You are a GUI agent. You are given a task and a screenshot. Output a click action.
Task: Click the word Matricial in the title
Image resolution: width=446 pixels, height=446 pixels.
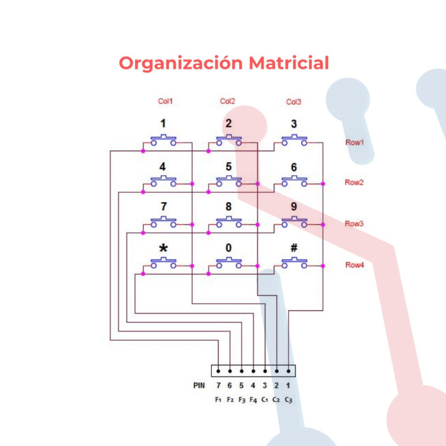click(288, 63)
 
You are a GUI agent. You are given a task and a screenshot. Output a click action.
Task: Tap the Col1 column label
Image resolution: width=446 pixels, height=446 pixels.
click(165, 102)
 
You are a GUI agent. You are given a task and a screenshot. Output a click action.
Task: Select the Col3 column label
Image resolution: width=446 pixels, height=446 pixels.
click(294, 102)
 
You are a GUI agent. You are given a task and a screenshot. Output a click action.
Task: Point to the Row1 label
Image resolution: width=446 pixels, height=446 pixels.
click(354, 142)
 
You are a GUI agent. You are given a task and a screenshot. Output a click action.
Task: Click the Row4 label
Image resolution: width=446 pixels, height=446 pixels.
click(354, 265)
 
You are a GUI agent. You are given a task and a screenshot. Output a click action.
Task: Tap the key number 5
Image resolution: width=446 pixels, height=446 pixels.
click(229, 166)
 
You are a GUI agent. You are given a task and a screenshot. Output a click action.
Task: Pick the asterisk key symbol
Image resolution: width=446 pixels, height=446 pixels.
click(164, 248)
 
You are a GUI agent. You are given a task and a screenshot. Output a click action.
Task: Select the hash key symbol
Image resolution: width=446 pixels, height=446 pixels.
click(294, 248)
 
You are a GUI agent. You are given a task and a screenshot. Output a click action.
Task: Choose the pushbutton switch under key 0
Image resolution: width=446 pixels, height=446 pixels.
click(229, 263)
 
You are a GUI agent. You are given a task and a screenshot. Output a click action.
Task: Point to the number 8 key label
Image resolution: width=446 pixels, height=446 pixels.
click(229, 207)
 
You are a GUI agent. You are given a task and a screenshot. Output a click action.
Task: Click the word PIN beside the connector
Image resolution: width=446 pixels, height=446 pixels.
click(199, 385)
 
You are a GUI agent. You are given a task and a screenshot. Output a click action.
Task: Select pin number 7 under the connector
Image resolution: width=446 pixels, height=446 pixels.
click(218, 385)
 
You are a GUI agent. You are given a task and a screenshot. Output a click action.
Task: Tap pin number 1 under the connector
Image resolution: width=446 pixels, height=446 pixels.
click(289, 385)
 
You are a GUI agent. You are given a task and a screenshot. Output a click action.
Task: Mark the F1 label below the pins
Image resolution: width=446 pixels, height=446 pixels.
click(218, 400)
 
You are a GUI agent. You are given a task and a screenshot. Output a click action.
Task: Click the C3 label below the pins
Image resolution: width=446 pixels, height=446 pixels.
click(289, 400)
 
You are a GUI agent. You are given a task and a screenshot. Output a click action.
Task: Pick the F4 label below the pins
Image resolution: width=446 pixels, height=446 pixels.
click(253, 400)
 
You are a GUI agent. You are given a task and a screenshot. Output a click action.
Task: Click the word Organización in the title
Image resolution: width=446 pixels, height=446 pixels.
click(180, 63)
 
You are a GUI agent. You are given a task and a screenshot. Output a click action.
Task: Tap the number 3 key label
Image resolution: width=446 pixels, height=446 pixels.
click(294, 124)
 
